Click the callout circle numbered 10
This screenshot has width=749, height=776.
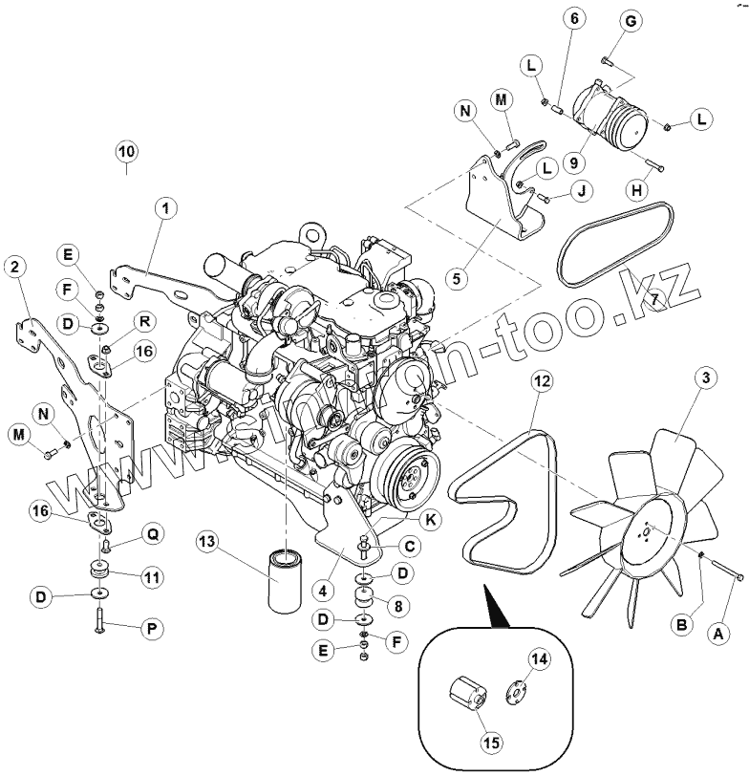tap(127, 151)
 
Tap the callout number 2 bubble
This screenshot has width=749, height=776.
tap(15, 269)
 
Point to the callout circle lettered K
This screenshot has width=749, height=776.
tap(431, 521)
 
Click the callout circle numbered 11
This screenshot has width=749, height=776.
tap(151, 577)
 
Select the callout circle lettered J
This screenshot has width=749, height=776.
tap(580, 192)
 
